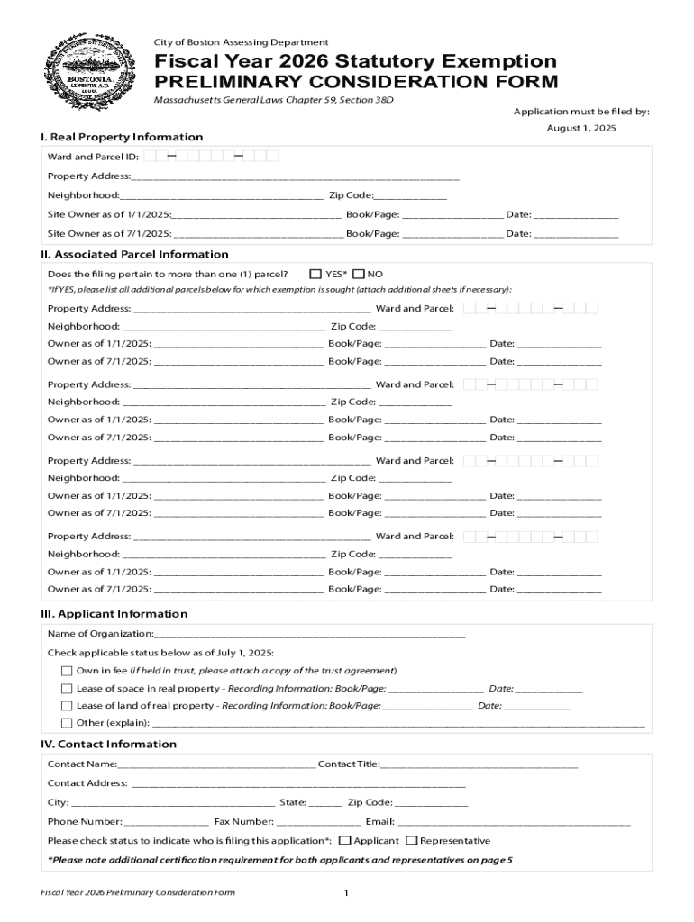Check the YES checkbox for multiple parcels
click(x=315, y=274)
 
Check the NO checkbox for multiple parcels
click(x=359, y=274)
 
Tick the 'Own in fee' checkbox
click(x=67, y=671)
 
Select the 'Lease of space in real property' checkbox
click(x=67, y=689)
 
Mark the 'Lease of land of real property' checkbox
click(x=67, y=706)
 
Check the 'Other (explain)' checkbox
click(x=67, y=723)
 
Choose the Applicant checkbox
click(x=344, y=841)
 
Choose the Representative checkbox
click(x=412, y=841)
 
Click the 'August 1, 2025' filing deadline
click(x=581, y=129)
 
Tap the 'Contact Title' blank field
click(x=479, y=764)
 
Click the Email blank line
click(x=514, y=822)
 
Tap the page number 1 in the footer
click(x=346, y=893)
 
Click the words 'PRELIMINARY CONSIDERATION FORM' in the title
click(x=357, y=83)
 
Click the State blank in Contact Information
click(x=325, y=803)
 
